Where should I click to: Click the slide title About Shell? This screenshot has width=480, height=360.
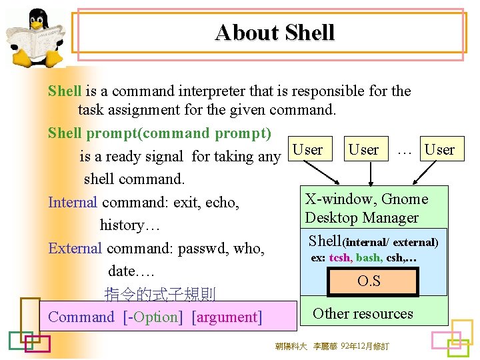[x=274, y=32]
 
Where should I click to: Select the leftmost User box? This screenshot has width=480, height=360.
[x=307, y=149]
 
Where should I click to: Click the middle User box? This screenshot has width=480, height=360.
[x=363, y=149]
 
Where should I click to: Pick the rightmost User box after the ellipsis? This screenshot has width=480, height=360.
[x=439, y=149]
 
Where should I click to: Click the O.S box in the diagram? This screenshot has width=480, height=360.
[x=369, y=281]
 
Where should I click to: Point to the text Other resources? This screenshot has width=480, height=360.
[x=363, y=313]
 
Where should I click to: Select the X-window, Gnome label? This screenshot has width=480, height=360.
[x=366, y=199]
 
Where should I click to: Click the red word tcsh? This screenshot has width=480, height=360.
[x=339, y=258]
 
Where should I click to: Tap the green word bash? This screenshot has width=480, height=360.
[x=368, y=258]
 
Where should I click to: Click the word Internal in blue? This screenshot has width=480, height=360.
[x=73, y=202]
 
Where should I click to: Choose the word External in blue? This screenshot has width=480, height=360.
[x=75, y=249]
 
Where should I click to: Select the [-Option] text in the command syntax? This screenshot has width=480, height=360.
[x=153, y=317]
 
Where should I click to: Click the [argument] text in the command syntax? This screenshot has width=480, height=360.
[x=227, y=317]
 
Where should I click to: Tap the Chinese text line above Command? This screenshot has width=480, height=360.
[x=160, y=294]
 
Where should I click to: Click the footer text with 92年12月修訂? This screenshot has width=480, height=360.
[x=331, y=346]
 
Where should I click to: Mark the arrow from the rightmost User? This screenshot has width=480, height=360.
[x=421, y=173]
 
